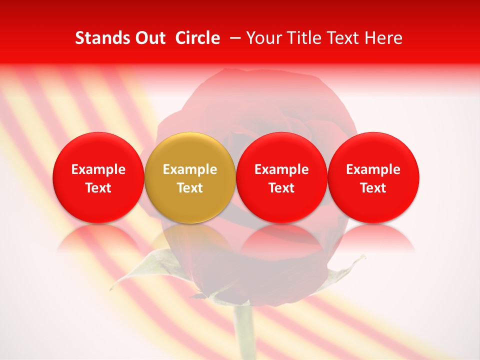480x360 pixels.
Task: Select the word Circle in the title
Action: point(197,38)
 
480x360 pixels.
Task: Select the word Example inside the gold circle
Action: point(190,169)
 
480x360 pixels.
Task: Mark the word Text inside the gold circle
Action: point(190,188)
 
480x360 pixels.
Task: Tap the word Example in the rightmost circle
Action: point(373,169)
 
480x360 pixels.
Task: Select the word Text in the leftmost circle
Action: point(98,188)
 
